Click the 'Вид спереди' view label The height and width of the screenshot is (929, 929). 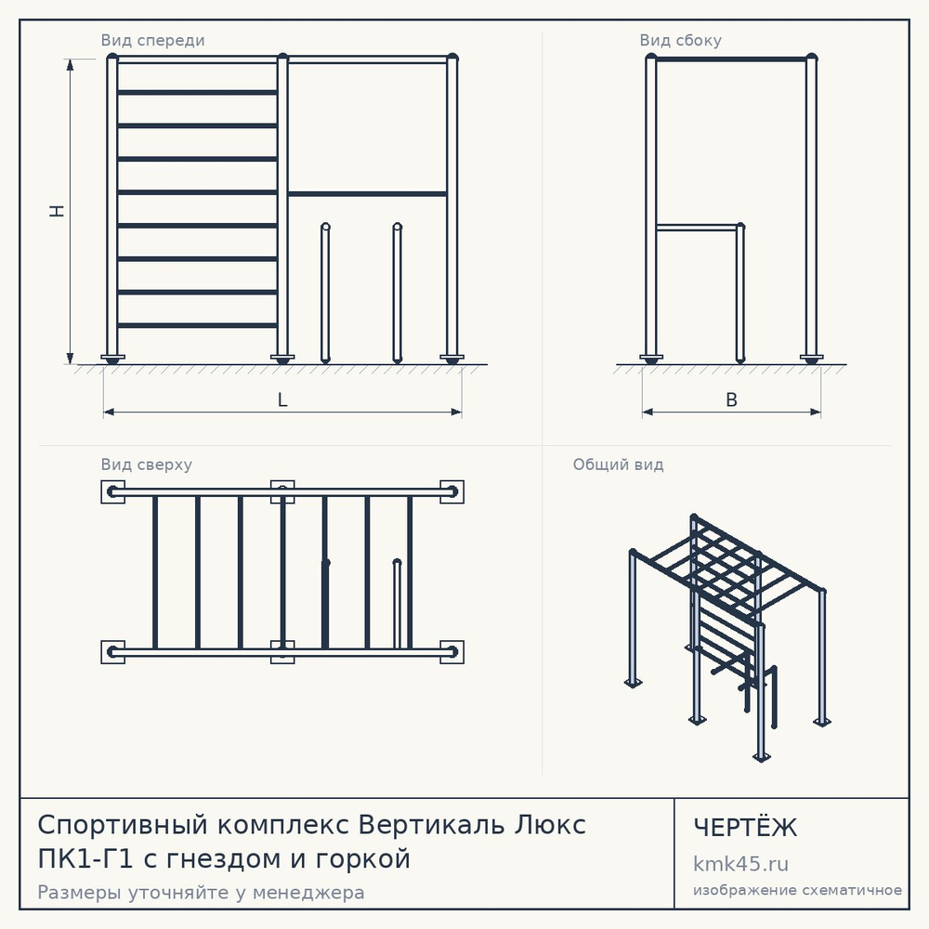152,41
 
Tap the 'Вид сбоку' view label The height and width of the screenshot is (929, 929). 680,41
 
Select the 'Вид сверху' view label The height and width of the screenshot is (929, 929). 147,464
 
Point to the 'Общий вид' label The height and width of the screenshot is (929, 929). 618,464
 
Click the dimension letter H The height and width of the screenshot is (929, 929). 57,212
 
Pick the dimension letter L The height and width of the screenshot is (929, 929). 282,399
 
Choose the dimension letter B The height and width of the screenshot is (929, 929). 732,399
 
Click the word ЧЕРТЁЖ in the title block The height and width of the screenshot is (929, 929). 745,827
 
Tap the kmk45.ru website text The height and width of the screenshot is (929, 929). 740,864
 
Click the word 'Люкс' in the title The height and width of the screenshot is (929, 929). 549,825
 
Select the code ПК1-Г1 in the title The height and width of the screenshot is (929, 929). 85,858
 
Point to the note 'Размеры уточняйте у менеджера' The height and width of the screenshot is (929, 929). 201,892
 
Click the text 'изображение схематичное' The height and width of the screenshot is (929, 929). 797,890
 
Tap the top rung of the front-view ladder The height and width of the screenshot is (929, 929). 197,92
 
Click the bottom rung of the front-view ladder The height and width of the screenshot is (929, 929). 197,325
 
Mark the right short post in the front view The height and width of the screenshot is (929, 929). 397,293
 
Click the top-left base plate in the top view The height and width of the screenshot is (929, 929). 112,491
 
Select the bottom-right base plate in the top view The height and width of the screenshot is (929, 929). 452,652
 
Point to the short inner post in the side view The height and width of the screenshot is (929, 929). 740,293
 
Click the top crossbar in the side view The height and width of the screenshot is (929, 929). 731,59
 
